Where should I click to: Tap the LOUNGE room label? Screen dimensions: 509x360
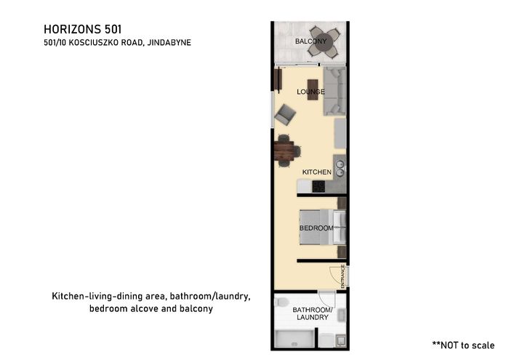310,92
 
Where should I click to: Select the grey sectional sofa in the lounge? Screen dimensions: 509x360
334,91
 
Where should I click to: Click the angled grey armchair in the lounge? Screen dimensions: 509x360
285,114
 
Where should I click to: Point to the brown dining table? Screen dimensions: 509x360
284,151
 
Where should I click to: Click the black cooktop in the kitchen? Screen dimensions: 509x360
318,186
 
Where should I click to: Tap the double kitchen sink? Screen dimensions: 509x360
340,169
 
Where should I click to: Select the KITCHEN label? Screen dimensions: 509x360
317,172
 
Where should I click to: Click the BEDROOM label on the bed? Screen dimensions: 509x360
316,228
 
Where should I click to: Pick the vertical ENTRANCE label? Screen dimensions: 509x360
342,276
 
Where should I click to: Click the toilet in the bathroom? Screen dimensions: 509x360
281,303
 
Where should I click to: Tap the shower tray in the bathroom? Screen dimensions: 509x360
294,339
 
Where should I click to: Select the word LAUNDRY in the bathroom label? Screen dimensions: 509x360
313,317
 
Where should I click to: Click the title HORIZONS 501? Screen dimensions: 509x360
83,29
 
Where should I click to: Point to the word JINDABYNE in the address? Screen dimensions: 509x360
169,42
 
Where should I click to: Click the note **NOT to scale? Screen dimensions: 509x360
463,345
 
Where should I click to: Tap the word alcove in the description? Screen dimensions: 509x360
144,308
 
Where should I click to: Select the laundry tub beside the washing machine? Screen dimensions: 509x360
341,340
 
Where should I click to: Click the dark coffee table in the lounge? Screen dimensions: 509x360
313,89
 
